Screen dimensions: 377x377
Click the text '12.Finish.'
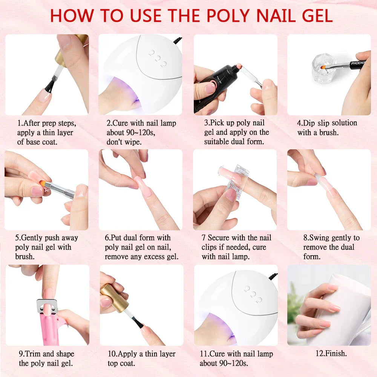tap(331, 354)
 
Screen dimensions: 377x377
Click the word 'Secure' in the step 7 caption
tap(220, 238)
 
